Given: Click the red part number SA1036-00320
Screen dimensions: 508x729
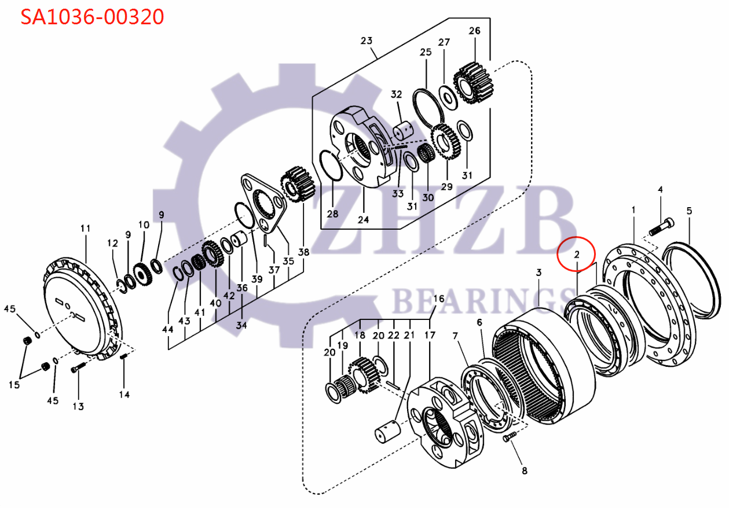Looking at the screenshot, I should tap(93, 17).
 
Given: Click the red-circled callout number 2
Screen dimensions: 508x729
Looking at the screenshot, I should tap(577, 255).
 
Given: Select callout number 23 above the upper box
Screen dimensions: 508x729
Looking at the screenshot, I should tap(366, 41).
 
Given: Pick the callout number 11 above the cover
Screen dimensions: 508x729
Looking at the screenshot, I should tap(85, 229).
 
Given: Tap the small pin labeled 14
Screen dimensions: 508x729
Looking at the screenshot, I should tap(124, 365).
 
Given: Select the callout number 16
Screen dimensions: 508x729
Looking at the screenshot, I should tap(439, 299).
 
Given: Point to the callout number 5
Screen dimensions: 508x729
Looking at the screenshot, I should tap(689, 211).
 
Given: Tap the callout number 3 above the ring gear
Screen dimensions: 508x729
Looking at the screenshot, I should tap(538, 273).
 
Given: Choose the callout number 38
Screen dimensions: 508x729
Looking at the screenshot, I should tap(303, 252).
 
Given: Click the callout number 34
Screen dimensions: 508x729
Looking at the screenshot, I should tap(241, 325).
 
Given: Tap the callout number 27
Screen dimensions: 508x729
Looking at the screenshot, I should tap(444, 42).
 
